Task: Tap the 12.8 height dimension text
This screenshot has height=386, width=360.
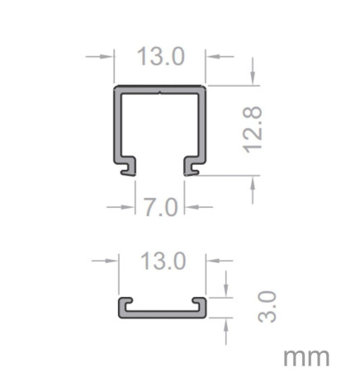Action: coord(253,128)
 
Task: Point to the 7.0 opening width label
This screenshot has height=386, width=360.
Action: coord(160,206)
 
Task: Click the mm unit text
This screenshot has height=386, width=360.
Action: coord(306,357)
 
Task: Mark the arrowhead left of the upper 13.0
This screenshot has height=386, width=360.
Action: coord(107,57)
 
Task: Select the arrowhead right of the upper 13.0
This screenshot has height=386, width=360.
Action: coord(211,57)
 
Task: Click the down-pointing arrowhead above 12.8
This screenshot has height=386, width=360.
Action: coord(253,78)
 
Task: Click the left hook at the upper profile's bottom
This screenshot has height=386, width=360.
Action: coord(126,167)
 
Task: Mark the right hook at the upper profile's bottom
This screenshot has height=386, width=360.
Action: coord(192,167)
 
